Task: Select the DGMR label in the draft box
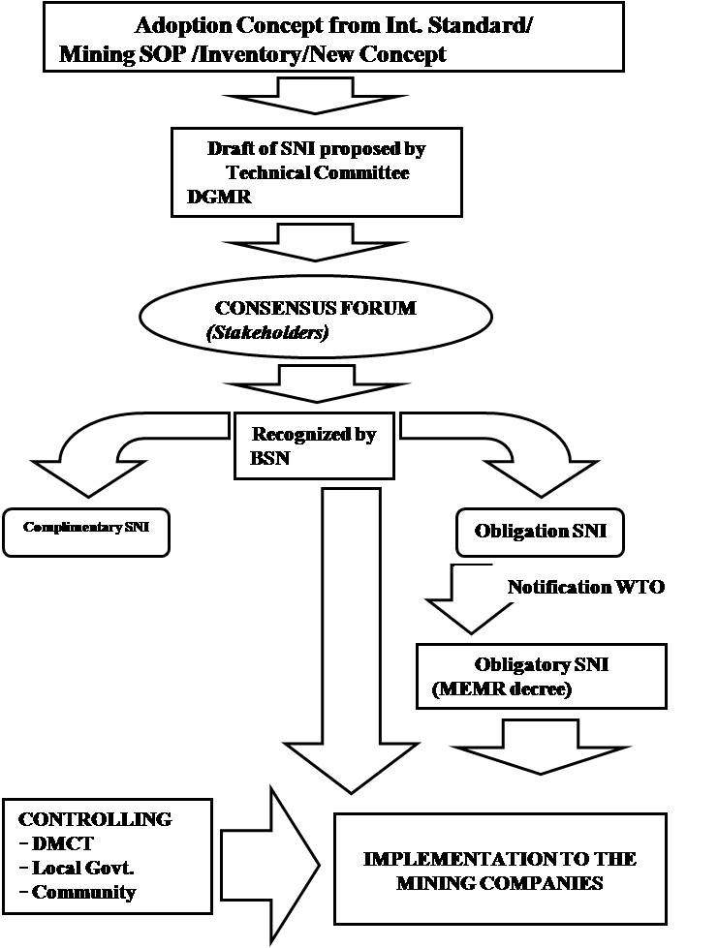pos(211,196)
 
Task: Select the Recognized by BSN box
pos(314,445)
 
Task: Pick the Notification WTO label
pos(586,587)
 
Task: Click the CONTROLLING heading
pos(95,819)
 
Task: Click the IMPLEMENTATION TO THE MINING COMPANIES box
pos(500,870)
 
